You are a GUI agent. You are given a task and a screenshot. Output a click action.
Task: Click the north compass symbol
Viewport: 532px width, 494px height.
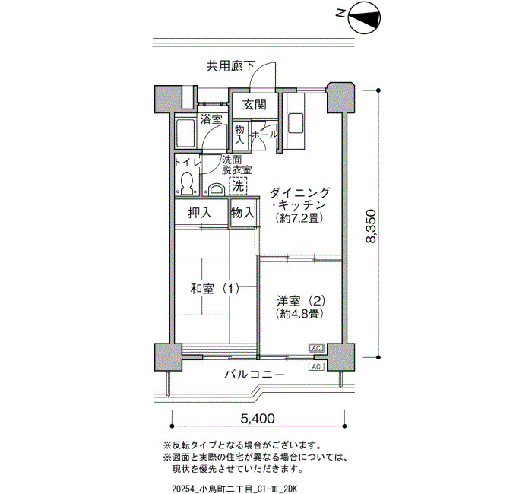364,18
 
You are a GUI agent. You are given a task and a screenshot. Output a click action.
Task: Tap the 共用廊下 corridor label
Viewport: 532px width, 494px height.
231,66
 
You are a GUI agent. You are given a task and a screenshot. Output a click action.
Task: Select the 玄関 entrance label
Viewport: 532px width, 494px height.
255,105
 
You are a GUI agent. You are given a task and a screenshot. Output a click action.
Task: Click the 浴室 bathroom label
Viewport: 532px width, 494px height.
211,119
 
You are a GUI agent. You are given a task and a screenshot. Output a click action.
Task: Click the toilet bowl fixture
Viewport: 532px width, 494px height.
186,183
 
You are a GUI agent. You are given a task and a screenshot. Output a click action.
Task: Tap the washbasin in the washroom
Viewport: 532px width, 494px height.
215,188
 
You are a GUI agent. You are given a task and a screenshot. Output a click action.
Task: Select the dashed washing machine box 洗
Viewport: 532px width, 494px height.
238,186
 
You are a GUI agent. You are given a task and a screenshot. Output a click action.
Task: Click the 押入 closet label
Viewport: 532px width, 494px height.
200,213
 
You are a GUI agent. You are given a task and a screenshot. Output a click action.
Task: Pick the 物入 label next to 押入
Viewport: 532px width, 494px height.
242,213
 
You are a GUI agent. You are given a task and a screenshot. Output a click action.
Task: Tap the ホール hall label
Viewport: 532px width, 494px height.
264,135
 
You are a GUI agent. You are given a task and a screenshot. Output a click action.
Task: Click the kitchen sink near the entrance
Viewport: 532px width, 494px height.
295,124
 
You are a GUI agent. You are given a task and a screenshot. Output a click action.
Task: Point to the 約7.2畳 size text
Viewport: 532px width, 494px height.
299,217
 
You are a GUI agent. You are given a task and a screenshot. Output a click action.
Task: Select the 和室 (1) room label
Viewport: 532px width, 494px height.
214,289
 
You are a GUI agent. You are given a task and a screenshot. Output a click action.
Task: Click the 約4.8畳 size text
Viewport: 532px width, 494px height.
299,313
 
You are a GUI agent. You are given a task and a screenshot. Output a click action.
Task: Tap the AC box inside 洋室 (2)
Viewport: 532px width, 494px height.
316,348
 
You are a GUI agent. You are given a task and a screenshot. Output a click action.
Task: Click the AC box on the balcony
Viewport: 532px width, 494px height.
316,366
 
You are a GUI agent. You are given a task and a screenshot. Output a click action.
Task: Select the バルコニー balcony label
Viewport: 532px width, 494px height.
255,375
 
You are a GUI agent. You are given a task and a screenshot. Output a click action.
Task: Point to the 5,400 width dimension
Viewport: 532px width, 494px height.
258,418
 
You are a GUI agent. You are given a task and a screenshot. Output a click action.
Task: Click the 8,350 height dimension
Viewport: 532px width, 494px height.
371,226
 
